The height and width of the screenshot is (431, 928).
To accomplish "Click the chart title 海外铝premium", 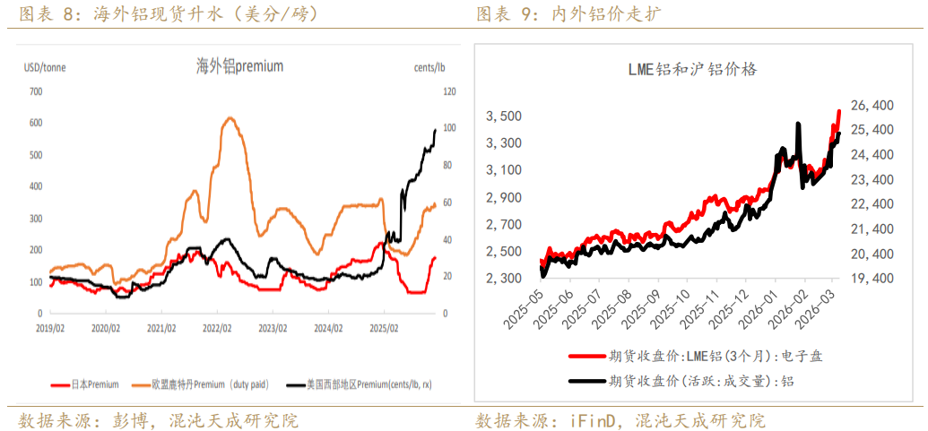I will tap(239, 65).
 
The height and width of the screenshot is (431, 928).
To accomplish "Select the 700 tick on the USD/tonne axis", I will tap(36, 91).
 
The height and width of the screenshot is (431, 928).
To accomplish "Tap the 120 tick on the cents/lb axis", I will tap(448, 91).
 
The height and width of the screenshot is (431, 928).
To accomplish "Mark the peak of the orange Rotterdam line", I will tap(230, 117).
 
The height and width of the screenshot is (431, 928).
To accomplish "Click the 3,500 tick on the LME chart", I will tap(503, 116).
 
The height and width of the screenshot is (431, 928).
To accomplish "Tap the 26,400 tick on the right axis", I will tap(871, 106).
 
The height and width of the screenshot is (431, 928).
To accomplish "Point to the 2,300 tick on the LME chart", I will tap(503, 279).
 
